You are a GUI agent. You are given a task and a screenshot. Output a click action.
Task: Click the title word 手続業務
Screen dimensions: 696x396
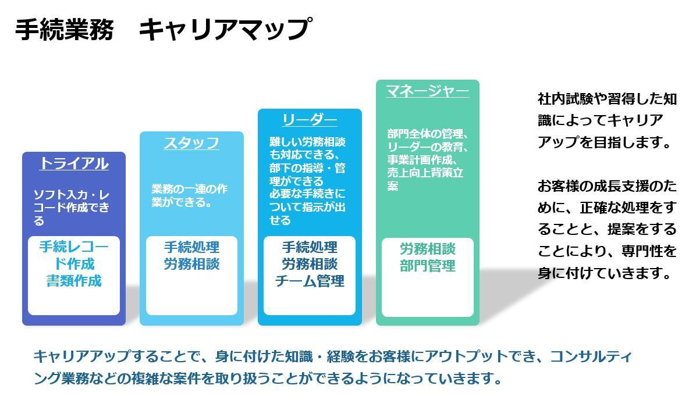coord(65,30)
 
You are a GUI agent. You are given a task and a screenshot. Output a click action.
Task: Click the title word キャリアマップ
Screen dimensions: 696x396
coord(225,30)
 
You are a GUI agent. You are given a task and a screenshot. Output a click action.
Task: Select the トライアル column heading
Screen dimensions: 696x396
coord(74,163)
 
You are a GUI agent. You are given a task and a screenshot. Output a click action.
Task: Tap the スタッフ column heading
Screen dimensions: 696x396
coord(192,143)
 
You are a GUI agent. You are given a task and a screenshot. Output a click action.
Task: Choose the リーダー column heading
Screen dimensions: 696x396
coord(310,120)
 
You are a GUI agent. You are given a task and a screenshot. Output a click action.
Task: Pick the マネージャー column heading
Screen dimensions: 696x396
coord(428,91)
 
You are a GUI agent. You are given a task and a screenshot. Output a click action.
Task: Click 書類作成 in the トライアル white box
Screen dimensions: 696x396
coord(74,281)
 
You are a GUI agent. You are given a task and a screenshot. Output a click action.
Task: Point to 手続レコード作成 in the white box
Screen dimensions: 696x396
coord(74,255)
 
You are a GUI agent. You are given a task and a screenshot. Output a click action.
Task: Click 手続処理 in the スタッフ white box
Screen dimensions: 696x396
coord(192,247)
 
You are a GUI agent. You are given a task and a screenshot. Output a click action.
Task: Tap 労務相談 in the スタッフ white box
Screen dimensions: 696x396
coord(192,265)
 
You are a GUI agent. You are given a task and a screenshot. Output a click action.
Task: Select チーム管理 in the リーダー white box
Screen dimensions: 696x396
coord(310,281)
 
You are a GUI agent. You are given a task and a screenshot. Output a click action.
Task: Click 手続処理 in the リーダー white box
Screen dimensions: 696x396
coord(310,247)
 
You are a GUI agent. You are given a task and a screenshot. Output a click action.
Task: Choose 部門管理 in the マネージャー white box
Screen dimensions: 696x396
coord(428,266)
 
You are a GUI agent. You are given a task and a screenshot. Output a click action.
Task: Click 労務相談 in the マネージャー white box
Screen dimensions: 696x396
coord(428,249)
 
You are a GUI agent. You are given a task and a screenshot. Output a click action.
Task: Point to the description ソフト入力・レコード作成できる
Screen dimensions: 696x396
coord(72,208)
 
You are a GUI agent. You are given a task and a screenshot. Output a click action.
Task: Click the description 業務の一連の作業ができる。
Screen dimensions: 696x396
coord(189,195)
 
